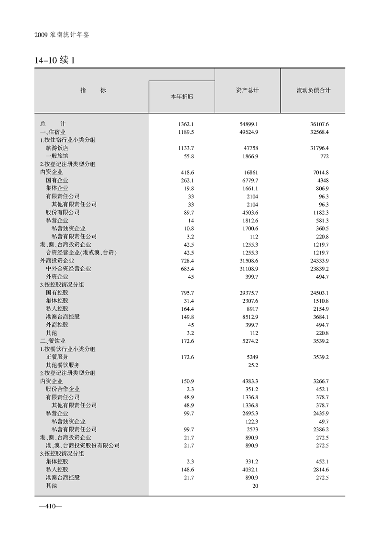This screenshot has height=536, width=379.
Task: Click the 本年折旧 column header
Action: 182,97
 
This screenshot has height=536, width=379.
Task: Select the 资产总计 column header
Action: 247,90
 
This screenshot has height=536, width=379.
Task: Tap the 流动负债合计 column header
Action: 313,90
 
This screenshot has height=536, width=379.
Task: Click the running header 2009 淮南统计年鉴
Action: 62,35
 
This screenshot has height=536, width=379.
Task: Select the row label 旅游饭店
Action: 57,148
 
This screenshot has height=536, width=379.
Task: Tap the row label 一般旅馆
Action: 57,156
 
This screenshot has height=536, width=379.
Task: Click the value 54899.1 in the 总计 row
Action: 249,124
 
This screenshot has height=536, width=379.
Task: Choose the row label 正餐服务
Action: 57,357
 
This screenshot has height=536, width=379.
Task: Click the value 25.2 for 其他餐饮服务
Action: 253,365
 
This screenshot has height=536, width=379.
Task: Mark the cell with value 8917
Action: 252,308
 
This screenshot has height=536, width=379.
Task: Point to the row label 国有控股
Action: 57,293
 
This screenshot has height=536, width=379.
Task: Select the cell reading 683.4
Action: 184,268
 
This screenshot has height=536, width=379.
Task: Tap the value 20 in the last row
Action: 255,485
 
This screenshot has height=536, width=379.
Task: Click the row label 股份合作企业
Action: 63,389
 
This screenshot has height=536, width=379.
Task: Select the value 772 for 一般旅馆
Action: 323,156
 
